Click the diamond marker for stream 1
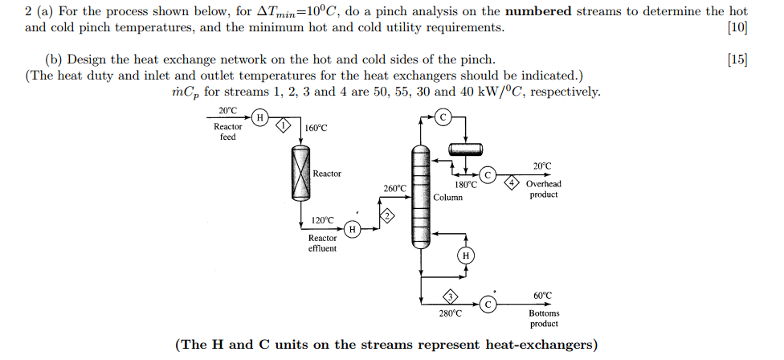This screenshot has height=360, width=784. tap(282, 125)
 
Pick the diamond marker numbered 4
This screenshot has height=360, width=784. tap(510, 183)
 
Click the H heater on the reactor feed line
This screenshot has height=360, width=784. tap(259, 118)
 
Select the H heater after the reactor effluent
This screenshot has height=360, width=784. tap(352, 229)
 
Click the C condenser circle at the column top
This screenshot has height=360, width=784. tap(443, 117)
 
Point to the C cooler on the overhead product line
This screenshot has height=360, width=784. tap(488, 175)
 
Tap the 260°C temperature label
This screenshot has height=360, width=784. tap(394, 189)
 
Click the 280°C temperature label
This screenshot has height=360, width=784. tap(450, 313)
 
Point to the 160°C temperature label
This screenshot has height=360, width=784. tap(316, 129)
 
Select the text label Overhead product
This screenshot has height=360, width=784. tap(544, 189)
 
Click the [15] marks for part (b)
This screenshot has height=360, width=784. tap(737, 60)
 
